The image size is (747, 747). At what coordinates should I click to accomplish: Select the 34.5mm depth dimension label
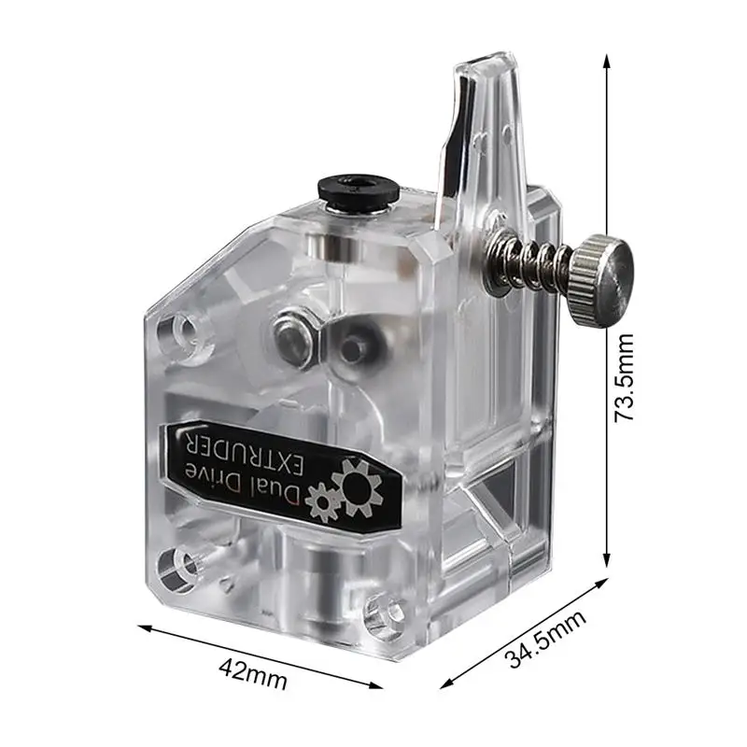point(545,638)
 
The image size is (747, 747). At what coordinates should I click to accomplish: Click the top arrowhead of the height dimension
point(607,58)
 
